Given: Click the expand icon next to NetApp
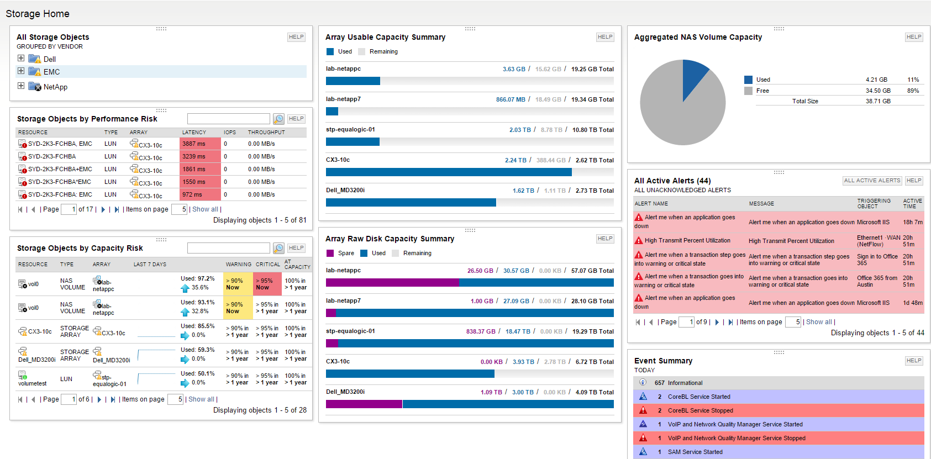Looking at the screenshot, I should coord(21,86).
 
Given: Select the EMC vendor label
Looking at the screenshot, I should coord(52,72).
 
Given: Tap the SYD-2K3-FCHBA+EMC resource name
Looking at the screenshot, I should coord(60,169).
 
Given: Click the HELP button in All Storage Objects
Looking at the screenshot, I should coord(296,37).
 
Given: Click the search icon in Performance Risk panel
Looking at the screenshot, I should coord(279,119).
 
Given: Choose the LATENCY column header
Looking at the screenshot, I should coord(194,133).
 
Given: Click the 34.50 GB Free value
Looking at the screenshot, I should coord(878,91).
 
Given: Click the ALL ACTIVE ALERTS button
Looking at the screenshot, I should coord(872,181).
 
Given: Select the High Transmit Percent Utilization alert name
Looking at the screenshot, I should coord(687,240).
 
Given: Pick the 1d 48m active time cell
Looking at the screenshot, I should coord(913,303).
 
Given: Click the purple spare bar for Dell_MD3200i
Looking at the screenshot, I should coord(364,404).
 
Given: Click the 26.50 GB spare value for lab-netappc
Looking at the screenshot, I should coord(480,271).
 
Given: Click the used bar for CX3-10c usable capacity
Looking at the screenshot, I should coord(448,172).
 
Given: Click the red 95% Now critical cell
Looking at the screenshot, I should coord(266,284).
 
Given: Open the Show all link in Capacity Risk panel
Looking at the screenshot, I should coord(201,399).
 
